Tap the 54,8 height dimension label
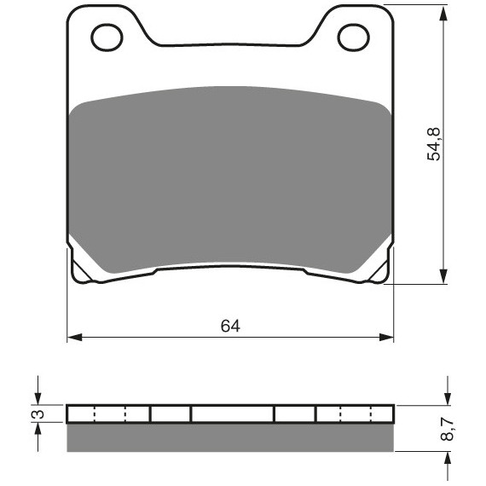(434, 144)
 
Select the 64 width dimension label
(230, 326)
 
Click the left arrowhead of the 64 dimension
(75, 338)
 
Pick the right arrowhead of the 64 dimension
(386, 338)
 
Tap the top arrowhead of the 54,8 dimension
(444, 13)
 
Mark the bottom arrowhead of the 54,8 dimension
(444, 276)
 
